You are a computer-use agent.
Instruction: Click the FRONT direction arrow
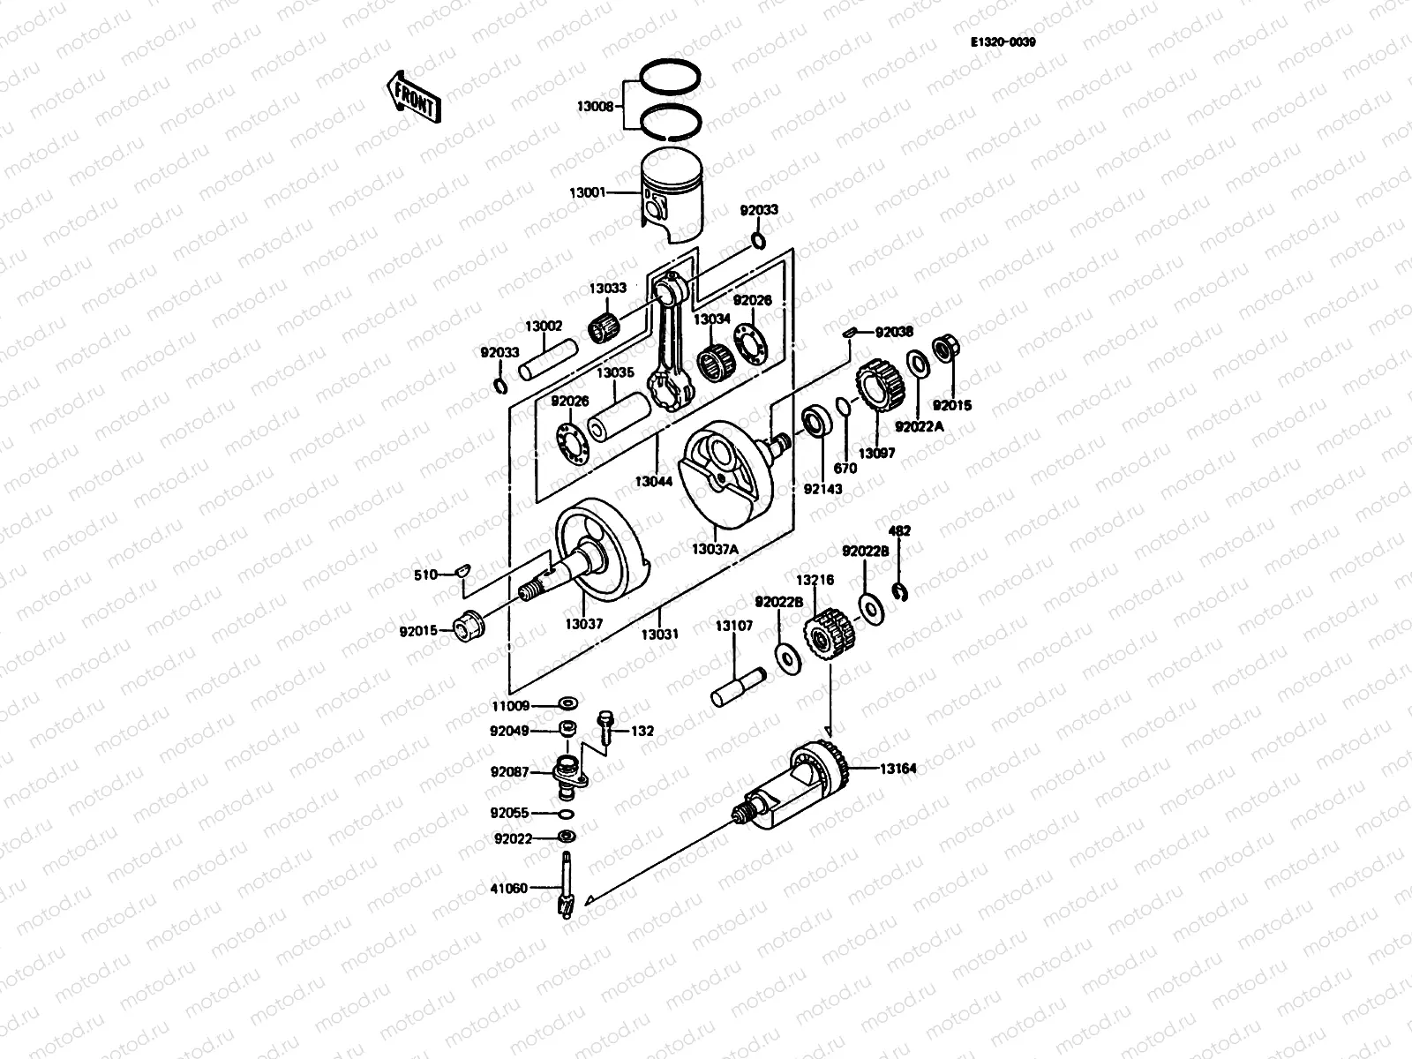pyautogui.click(x=411, y=95)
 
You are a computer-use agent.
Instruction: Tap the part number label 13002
pyautogui.click(x=544, y=326)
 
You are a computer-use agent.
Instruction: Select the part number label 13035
pyautogui.click(x=615, y=372)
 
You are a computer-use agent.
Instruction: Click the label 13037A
pyautogui.click(x=715, y=549)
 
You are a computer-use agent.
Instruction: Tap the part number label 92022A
pyautogui.click(x=919, y=426)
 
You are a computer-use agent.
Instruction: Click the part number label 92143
pyautogui.click(x=822, y=488)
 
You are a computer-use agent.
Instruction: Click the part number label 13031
pyautogui.click(x=659, y=634)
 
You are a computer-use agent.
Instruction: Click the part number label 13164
pyautogui.click(x=898, y=769)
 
